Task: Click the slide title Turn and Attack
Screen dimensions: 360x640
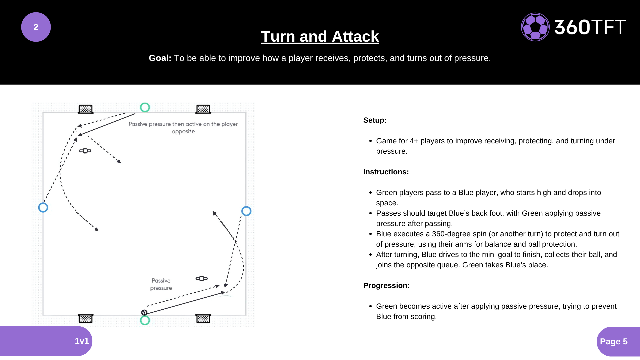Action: point(320,36)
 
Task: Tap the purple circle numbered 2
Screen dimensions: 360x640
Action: point(36,27)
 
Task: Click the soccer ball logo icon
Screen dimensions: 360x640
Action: point(535,27)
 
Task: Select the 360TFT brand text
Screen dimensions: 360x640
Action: point(590,27)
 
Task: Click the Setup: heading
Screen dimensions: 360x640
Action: point(375,120)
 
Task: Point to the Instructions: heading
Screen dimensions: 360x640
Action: point(386,172)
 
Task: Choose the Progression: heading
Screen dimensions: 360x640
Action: point(386,286)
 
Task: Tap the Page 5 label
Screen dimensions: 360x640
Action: point(614,341)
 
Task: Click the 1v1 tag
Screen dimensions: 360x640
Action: point(82,341)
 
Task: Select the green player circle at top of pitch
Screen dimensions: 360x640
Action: point(145,107)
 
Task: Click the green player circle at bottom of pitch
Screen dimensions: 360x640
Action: point(145,320)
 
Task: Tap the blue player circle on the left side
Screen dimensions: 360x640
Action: point(43,208)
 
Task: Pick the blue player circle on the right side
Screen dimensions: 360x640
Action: point(246,211)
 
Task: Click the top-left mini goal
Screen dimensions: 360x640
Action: point(86,109)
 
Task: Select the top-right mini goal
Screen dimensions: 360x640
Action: point(203,109)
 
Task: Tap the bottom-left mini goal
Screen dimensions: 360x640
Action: point(86,319)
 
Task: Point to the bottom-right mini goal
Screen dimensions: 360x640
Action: point(203,319)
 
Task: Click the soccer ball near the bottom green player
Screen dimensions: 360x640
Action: point(144,312)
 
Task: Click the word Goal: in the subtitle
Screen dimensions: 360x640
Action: point(160,58)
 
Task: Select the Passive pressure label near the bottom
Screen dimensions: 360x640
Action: point(161,284)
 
